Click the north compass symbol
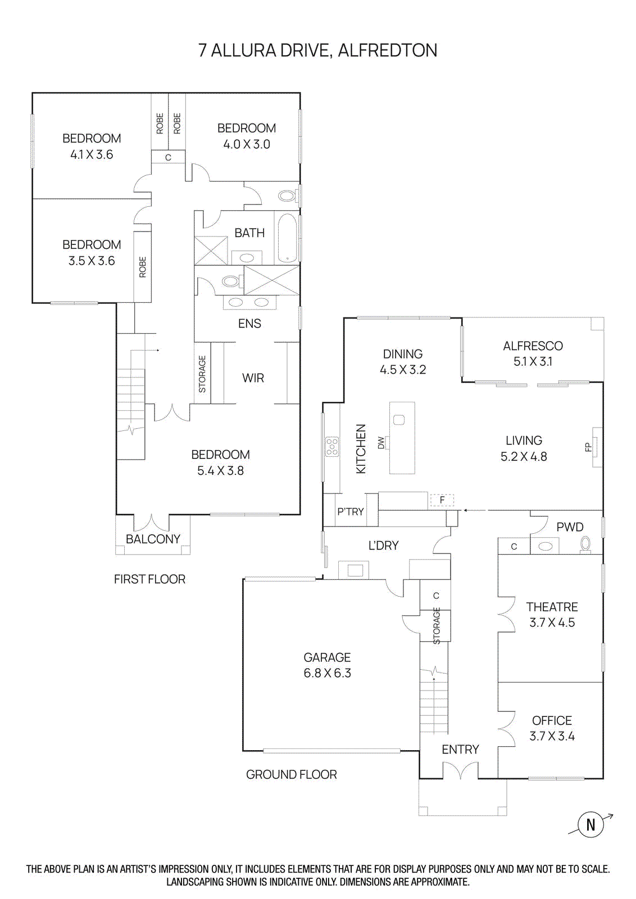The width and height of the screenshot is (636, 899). point(590,824)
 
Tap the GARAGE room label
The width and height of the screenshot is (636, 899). point(327,657)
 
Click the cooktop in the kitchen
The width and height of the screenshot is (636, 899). point(332,446)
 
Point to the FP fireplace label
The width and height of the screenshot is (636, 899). point(588,447)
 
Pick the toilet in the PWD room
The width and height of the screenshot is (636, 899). point(585,543)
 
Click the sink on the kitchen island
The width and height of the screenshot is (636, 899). point(399,420)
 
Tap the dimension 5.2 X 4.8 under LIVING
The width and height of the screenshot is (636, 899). point(524,457)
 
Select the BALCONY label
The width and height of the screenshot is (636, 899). point(153,539)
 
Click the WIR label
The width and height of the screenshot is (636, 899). point(253,378)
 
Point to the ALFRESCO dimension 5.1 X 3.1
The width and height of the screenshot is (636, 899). point(533,362)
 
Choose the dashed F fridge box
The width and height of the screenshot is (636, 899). point(442,500)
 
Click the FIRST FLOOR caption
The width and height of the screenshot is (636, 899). point(149,579)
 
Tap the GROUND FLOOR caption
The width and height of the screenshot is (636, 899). point(291,774)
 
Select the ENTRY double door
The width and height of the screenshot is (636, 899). point(460,770)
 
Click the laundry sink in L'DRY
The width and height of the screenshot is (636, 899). point(355,570)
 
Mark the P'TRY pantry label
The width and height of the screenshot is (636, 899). point(350,512)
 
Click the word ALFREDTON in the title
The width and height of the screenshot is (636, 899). point(387,51)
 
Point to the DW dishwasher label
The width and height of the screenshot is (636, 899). point(381,443)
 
